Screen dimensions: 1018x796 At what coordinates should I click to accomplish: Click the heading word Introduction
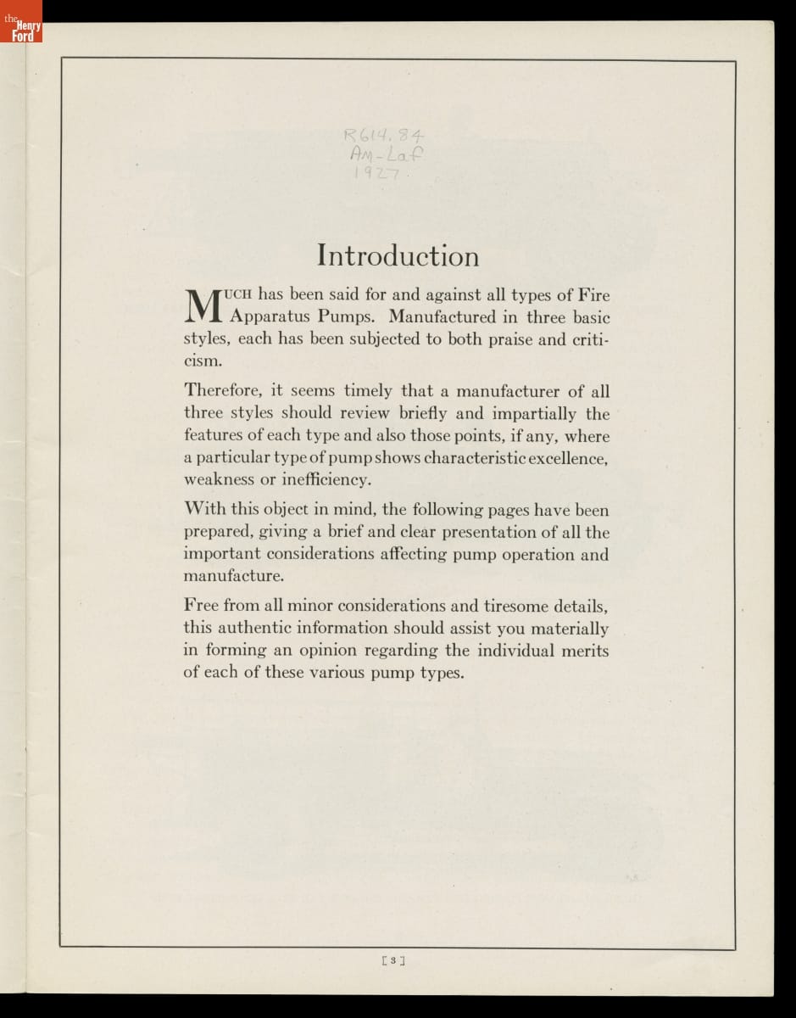tap(398, 255)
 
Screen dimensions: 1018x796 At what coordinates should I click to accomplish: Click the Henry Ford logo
tap(21, 30)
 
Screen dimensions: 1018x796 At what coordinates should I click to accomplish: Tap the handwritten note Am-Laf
tap(387, 154)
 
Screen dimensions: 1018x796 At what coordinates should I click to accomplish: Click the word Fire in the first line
tap(594, 295)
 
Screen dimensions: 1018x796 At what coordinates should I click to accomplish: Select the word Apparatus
tap(270, 318)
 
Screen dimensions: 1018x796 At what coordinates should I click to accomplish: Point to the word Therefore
tap(223, 391)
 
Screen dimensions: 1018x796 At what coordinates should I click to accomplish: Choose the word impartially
tap(532, 414)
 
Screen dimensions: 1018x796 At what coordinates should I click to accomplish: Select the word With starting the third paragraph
tap(204, 510)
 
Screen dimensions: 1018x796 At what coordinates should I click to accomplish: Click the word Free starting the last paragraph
tap(201, 606)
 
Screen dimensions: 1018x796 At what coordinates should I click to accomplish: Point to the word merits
tap(584, 651)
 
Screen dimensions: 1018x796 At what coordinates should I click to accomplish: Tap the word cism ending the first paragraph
tap(203, 361)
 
